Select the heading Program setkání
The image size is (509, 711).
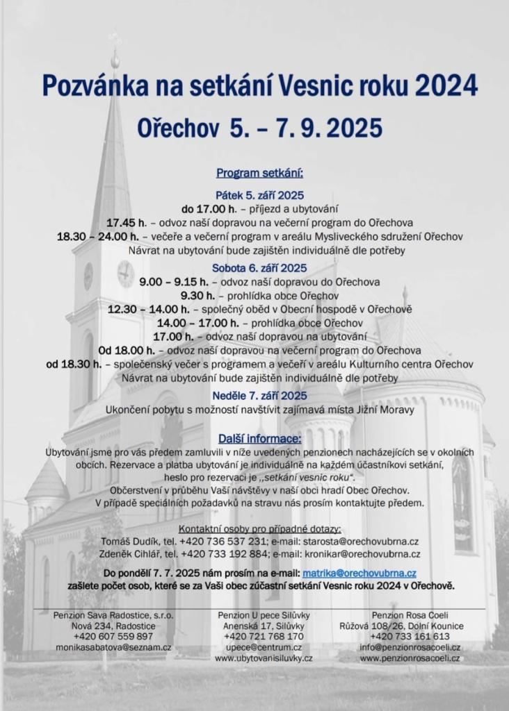tap(259, 173)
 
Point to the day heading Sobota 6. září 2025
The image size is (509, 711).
tap(260, 267)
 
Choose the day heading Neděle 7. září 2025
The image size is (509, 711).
tap(260, 395)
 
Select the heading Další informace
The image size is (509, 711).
tap(260, 440)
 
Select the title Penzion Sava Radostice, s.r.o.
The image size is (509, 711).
tap(114, 615)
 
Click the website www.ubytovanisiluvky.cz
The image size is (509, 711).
tap(264, 658)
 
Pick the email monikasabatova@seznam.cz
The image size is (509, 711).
tap(114, 647)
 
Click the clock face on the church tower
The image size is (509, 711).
tap(125, 274)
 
